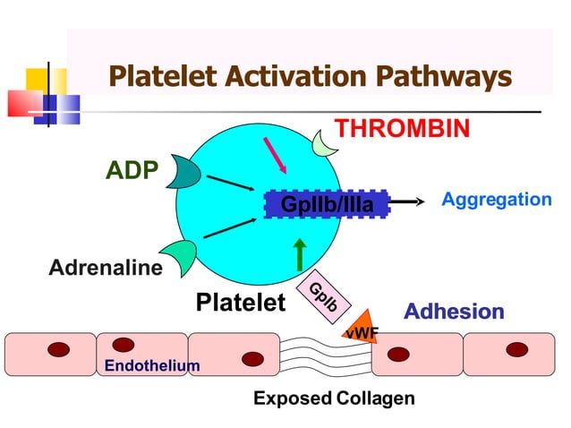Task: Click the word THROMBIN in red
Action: pos(402,128)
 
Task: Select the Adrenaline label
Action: pos(106,267)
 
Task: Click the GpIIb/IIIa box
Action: pos(328,205)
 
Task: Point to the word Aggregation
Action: pos(497,200)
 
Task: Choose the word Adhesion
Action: pos(454,312)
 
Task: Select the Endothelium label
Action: pos(152,365)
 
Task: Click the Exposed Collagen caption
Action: pos(334,398)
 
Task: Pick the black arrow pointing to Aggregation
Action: pos(408,203)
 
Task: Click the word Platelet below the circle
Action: pos(240,303)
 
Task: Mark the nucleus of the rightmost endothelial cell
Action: pos(516,349)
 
